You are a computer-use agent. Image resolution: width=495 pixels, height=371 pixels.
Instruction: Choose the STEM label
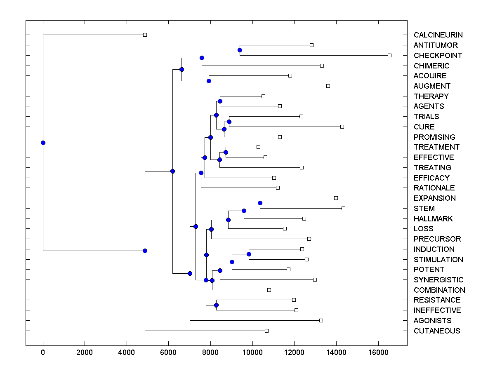[x=424, y=209]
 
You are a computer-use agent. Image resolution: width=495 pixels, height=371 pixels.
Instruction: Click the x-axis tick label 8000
[x=210, y=352]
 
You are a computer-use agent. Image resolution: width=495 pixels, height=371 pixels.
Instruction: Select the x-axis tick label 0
[x=43, y=352]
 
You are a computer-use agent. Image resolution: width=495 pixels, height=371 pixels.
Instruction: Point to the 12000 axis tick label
[x=294, y=352]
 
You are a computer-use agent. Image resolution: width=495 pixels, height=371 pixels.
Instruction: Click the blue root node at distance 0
[x=43, y=143]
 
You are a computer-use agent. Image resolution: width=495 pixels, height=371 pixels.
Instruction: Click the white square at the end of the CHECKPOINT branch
[x=389, y=55]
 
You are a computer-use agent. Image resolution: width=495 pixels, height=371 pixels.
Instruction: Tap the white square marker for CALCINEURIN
[x=145, y=35]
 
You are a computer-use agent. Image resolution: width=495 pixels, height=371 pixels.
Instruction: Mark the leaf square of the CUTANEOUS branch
[x=266, y=331]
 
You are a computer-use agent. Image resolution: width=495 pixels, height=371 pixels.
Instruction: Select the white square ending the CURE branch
[x=342, y=127]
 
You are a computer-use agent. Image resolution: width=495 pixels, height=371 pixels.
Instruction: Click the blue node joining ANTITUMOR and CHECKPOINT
[x=240, y=50]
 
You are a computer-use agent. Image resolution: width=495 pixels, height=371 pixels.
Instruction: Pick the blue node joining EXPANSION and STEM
[x=260, y=203]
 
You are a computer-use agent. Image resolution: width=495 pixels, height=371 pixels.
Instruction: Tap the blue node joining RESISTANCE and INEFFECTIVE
[x=216, y=305]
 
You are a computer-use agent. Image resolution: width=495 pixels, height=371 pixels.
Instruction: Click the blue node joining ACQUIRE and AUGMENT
[x=209, y=81]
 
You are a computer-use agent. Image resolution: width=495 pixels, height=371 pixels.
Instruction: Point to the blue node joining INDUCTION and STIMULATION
[x=249, y=254]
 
